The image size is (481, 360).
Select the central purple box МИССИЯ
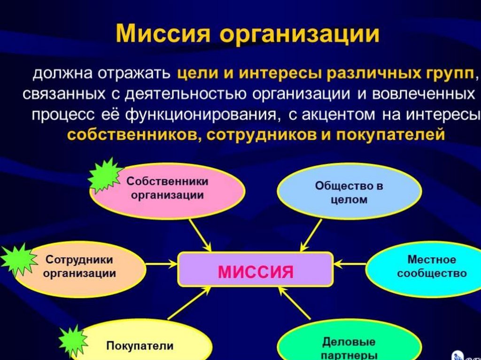click(256, 270)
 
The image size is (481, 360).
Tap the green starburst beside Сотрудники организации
click(19, 260)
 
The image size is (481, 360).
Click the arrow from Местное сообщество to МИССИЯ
click(349, 264)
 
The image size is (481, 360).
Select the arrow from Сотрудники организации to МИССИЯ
click(162, 264)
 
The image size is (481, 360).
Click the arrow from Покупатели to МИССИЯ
click(188, 304)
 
